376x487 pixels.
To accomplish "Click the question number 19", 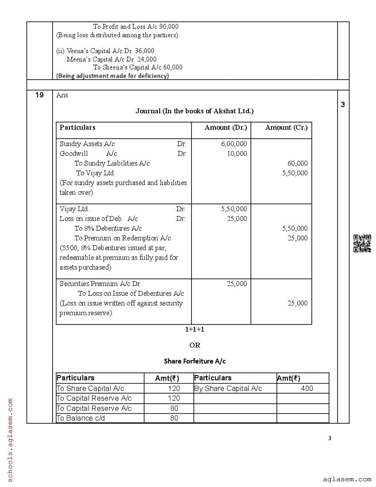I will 39,95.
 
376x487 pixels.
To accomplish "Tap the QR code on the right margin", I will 362,243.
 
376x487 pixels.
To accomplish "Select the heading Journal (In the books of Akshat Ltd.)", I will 194,111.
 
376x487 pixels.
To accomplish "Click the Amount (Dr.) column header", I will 226,128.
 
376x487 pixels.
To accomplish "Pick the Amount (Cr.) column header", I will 286,128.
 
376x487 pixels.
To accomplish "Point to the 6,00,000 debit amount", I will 234,144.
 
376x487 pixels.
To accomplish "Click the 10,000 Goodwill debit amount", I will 237,154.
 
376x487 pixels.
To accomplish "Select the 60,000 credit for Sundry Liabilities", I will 297,163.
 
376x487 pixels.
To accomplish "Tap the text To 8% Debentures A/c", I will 108,228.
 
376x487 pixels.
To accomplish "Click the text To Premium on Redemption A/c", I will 123,238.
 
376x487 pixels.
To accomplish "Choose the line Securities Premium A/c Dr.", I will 100,284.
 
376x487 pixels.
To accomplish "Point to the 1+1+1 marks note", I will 195,329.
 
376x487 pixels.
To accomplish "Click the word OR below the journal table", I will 195,345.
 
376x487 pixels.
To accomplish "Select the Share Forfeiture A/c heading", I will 195,361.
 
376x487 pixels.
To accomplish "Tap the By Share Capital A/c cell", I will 228,388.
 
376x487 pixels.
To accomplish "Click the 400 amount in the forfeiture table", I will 307,388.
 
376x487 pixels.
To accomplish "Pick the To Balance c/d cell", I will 81,418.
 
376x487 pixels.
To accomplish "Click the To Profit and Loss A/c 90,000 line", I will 136,27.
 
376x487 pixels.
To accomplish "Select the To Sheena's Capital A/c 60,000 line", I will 138,68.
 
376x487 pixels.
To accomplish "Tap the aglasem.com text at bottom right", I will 347,479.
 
